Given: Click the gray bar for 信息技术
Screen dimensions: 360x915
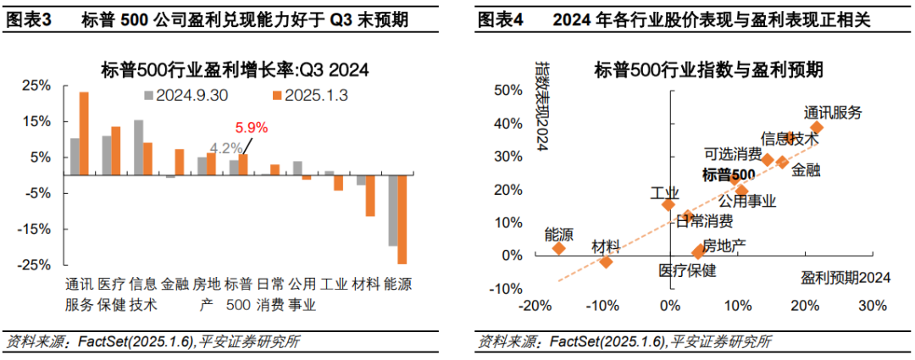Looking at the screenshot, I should [x=138, y=147].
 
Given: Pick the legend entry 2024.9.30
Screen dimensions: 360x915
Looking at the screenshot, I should [x=190, y=96].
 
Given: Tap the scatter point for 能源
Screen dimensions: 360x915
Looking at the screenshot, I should [x=559, y=248].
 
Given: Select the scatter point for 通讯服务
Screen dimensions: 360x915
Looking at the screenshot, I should [x=816, y=128].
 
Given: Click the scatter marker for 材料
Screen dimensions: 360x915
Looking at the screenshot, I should [x=606, y=262].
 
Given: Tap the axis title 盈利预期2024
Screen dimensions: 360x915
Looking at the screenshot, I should [x=846, y=278].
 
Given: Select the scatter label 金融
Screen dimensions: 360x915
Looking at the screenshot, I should [x=806, y=170].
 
